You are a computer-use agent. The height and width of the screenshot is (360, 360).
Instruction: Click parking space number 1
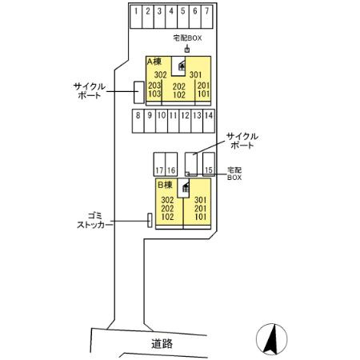pos(136,17)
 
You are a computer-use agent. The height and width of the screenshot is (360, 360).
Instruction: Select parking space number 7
pos(207,17)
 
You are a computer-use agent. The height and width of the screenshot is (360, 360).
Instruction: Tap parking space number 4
pos(171,17)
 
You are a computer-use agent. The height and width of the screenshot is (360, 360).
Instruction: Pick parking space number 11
pos(174,121)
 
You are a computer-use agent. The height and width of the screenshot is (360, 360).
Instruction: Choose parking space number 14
pos(209,121)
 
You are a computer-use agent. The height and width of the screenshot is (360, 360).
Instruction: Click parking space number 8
pos(138,121)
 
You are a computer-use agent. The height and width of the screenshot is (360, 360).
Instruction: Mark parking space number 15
pos(209,164)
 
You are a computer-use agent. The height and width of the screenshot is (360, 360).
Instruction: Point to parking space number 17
pos(159,164)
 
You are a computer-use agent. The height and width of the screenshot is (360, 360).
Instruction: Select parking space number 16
pos(171,164)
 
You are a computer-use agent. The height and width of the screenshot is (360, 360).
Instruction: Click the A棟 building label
pos(154,62)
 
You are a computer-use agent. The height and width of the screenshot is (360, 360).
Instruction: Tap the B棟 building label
pos(165,185)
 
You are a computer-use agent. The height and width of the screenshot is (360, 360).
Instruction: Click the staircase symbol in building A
pos(182,65)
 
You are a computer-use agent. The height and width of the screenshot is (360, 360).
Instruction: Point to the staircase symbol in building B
pos(186,187)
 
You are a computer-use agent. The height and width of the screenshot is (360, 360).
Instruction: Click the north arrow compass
pos(272,339)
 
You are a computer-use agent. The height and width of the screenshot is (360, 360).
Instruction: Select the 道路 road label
pos(162,344)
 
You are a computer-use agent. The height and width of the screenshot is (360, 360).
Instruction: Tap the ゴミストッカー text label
pos(94,221)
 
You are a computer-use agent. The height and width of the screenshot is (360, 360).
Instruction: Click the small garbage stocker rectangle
pos(150,220)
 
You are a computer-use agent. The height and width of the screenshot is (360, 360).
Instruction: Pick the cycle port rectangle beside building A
pos(138,92)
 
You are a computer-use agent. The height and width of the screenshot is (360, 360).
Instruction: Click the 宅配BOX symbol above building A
pos(187,50)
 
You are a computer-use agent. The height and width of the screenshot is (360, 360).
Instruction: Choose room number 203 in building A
pos(154,86)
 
